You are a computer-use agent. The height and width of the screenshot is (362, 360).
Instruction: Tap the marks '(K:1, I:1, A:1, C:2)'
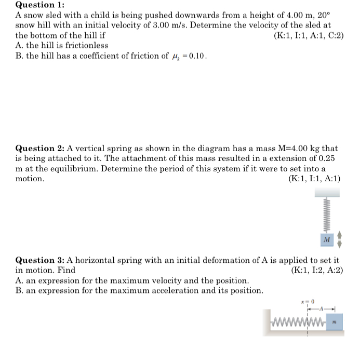(x=308, y=36)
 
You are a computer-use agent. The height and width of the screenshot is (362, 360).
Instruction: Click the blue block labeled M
(x=326, y=240)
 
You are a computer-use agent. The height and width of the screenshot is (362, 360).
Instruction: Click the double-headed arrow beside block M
(x=340, y=239)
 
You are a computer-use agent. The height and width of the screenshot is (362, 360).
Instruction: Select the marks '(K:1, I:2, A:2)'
(x=317, y=270)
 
